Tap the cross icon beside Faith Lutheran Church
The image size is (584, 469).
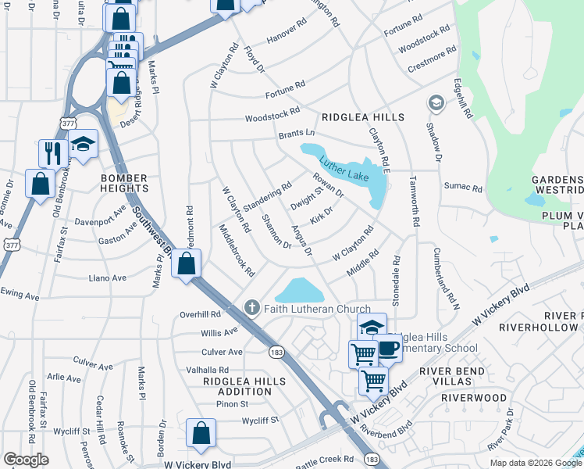tap(251, 308)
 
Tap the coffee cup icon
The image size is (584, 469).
tap(388, 349)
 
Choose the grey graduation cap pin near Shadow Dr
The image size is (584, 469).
tap(436, 102)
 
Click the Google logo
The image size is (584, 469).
tap(26, 460)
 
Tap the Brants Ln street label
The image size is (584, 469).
tap(297, 134)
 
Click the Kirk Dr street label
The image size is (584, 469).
tap(322, 216)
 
